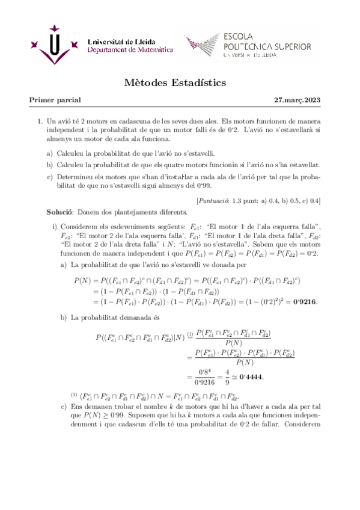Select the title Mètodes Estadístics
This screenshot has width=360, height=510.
[180, 82]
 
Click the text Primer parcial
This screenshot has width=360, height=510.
[55, 100]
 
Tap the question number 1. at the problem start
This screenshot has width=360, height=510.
[40, 121]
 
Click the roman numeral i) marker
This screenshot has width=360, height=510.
[55, 226]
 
